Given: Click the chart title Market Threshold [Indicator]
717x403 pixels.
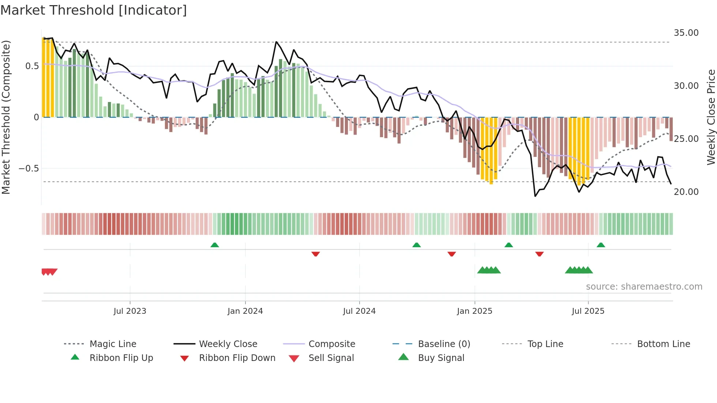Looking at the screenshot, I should click(94, 10).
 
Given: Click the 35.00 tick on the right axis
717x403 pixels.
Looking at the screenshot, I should click(686, 33).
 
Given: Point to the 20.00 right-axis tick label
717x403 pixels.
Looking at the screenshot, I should click(686, 192).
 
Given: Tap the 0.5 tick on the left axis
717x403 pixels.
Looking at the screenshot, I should click(32, 66).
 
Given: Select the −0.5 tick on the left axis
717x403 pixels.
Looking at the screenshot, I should click(29, 169).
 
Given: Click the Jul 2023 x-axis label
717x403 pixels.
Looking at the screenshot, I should click(130, 311).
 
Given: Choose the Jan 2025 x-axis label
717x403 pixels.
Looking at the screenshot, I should click(474, 311).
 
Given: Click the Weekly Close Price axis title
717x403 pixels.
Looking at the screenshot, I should click(711, 117).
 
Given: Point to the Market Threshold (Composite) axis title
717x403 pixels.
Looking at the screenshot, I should click(6, 117).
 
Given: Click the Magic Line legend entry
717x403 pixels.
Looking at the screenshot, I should click(113, 344).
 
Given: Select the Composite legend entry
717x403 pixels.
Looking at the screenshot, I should click(331, 344).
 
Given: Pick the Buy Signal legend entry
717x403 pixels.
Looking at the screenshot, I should click(441, 358).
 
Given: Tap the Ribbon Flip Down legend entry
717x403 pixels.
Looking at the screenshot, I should click(237, 358).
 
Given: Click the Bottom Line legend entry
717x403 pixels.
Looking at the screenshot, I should click(663, 344).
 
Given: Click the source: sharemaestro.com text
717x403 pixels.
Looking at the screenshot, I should click(644, 287).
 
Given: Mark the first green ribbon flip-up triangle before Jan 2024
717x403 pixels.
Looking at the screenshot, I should click(215, 245).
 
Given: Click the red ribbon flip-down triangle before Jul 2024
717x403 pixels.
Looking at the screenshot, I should click(316, 254).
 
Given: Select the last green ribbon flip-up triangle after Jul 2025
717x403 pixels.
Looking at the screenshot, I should click(601, 245).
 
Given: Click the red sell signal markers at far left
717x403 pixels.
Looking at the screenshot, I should click(49, 272).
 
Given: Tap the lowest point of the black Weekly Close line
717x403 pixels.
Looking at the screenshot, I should click(535, 196).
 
